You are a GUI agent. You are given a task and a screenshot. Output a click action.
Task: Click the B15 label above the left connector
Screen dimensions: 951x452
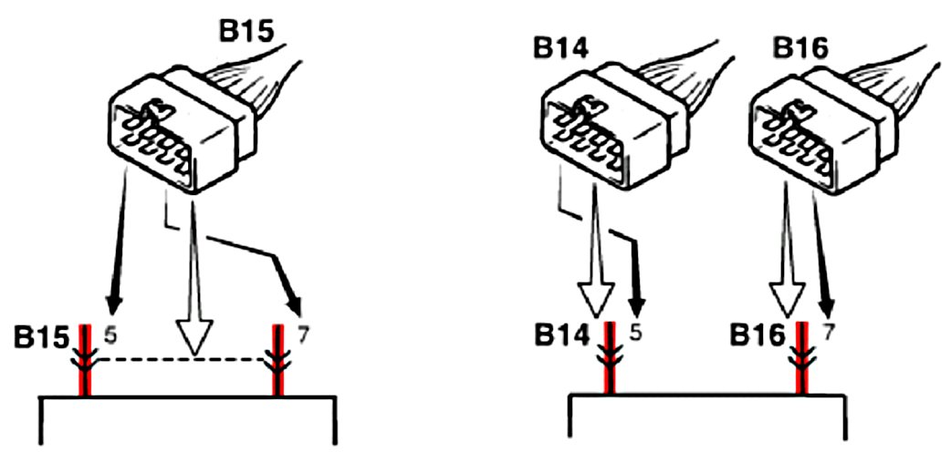coord(246,30)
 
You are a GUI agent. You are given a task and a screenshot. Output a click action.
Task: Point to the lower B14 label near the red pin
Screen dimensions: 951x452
coord(559,339)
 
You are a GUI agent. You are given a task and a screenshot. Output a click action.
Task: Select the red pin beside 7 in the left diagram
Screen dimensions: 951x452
coord(279,360)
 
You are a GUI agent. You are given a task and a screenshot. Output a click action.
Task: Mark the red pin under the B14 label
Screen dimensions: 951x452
coord(608,360)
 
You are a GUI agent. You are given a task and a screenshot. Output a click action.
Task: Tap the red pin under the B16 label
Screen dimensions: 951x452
coord(802,360)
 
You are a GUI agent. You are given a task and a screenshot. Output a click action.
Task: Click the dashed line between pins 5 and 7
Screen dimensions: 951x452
coord(183,361)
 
